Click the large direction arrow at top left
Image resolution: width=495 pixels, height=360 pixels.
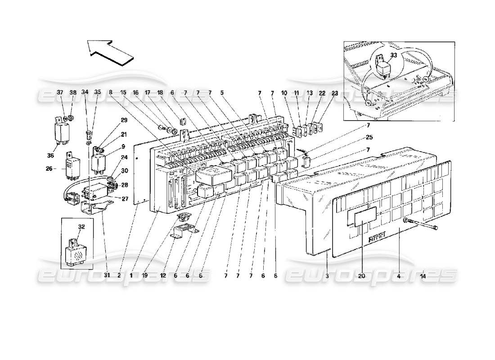[110, 52]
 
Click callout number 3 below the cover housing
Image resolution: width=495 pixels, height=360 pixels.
[327, 275]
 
